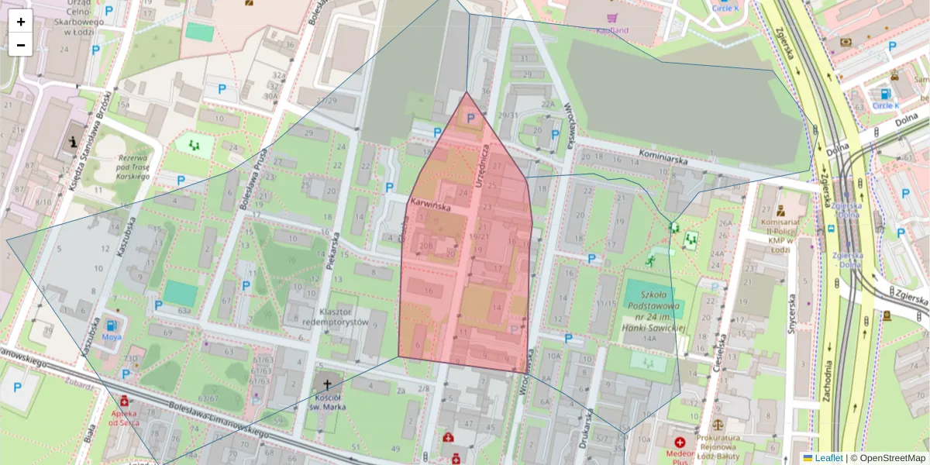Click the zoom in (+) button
coord(21,22)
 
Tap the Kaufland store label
coord(612,30)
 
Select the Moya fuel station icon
coord(113,325)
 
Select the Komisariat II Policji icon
coord(780,210)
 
